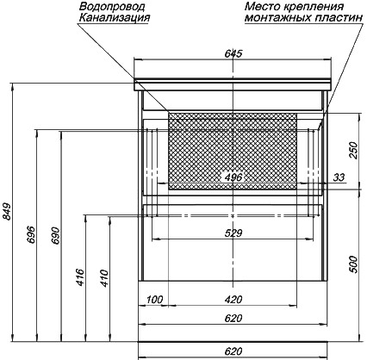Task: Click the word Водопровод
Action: tap(112, 6)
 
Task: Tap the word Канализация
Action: tap(115, 17)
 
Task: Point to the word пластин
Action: tap(339, 18)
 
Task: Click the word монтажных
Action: tap(278, 18)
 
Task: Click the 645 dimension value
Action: tap(233, 53)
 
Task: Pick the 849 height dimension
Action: tap(7, 212)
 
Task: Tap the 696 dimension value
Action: tap(31, 235)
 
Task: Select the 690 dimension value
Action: tap(56, 236)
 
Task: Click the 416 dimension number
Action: tap(80, 277)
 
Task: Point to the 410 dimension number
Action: tap(105, 278)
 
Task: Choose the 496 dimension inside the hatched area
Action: tap(233, 177)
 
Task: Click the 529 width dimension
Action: tap(233, 233)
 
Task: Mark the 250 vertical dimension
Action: tap(354, 150)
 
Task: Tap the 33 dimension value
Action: tap(339, 177)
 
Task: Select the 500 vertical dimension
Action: tap(354, 264)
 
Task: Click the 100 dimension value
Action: tap(155, 300)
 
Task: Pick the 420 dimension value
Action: tap(233, 300)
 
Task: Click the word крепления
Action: tap(314, 6)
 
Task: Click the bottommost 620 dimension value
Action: tap(233, 351)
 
